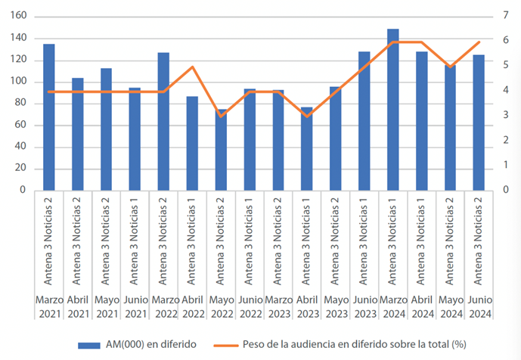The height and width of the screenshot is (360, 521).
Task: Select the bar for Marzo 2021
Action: [49, 117]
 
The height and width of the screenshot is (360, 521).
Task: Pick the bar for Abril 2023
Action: [306, 148]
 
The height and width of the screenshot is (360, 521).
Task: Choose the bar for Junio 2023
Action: [364, 121]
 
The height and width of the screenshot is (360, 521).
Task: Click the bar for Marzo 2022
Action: [163, 121]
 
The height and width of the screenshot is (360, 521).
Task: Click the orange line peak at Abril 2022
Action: [192, 67]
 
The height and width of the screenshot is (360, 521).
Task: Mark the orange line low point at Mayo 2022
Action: [221, 116]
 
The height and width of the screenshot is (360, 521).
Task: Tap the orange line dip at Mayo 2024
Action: [450, 67]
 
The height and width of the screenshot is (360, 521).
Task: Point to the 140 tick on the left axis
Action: [20, 38]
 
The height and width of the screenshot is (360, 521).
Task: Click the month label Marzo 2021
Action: [49, 307]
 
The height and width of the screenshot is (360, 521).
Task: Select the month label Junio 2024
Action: [479, 307]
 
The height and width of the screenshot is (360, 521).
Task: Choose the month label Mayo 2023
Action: [336, 307]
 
